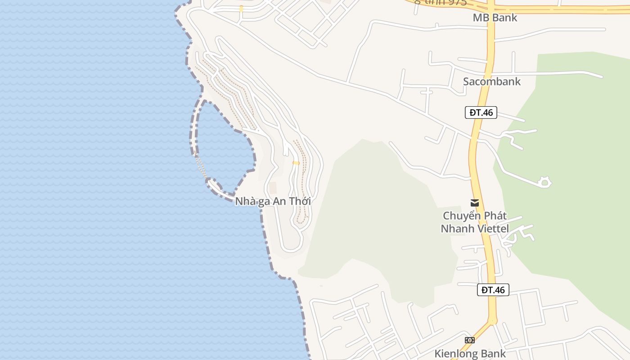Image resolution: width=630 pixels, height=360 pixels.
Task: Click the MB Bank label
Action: (495, 18)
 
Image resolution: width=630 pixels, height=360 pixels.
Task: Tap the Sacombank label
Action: (491, 81)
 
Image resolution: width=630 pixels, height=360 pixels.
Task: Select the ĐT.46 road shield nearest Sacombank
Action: (481, 112)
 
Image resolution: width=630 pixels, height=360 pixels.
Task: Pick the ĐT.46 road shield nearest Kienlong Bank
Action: (493, 290)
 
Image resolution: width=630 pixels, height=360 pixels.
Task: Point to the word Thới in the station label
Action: (300, 201)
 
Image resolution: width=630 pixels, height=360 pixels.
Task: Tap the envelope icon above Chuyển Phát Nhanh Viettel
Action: (474, 203)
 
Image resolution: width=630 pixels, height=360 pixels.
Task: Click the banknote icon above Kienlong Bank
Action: (469, 340)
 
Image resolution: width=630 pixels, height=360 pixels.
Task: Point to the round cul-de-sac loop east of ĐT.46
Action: (544, 182)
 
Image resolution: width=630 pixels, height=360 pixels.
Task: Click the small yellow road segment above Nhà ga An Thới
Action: (296, 163)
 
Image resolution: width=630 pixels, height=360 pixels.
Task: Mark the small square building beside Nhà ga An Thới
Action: (273, 188)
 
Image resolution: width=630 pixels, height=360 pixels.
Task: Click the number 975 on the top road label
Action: (457, 2)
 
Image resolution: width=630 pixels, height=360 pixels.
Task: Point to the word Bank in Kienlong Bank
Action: (492, 354)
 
